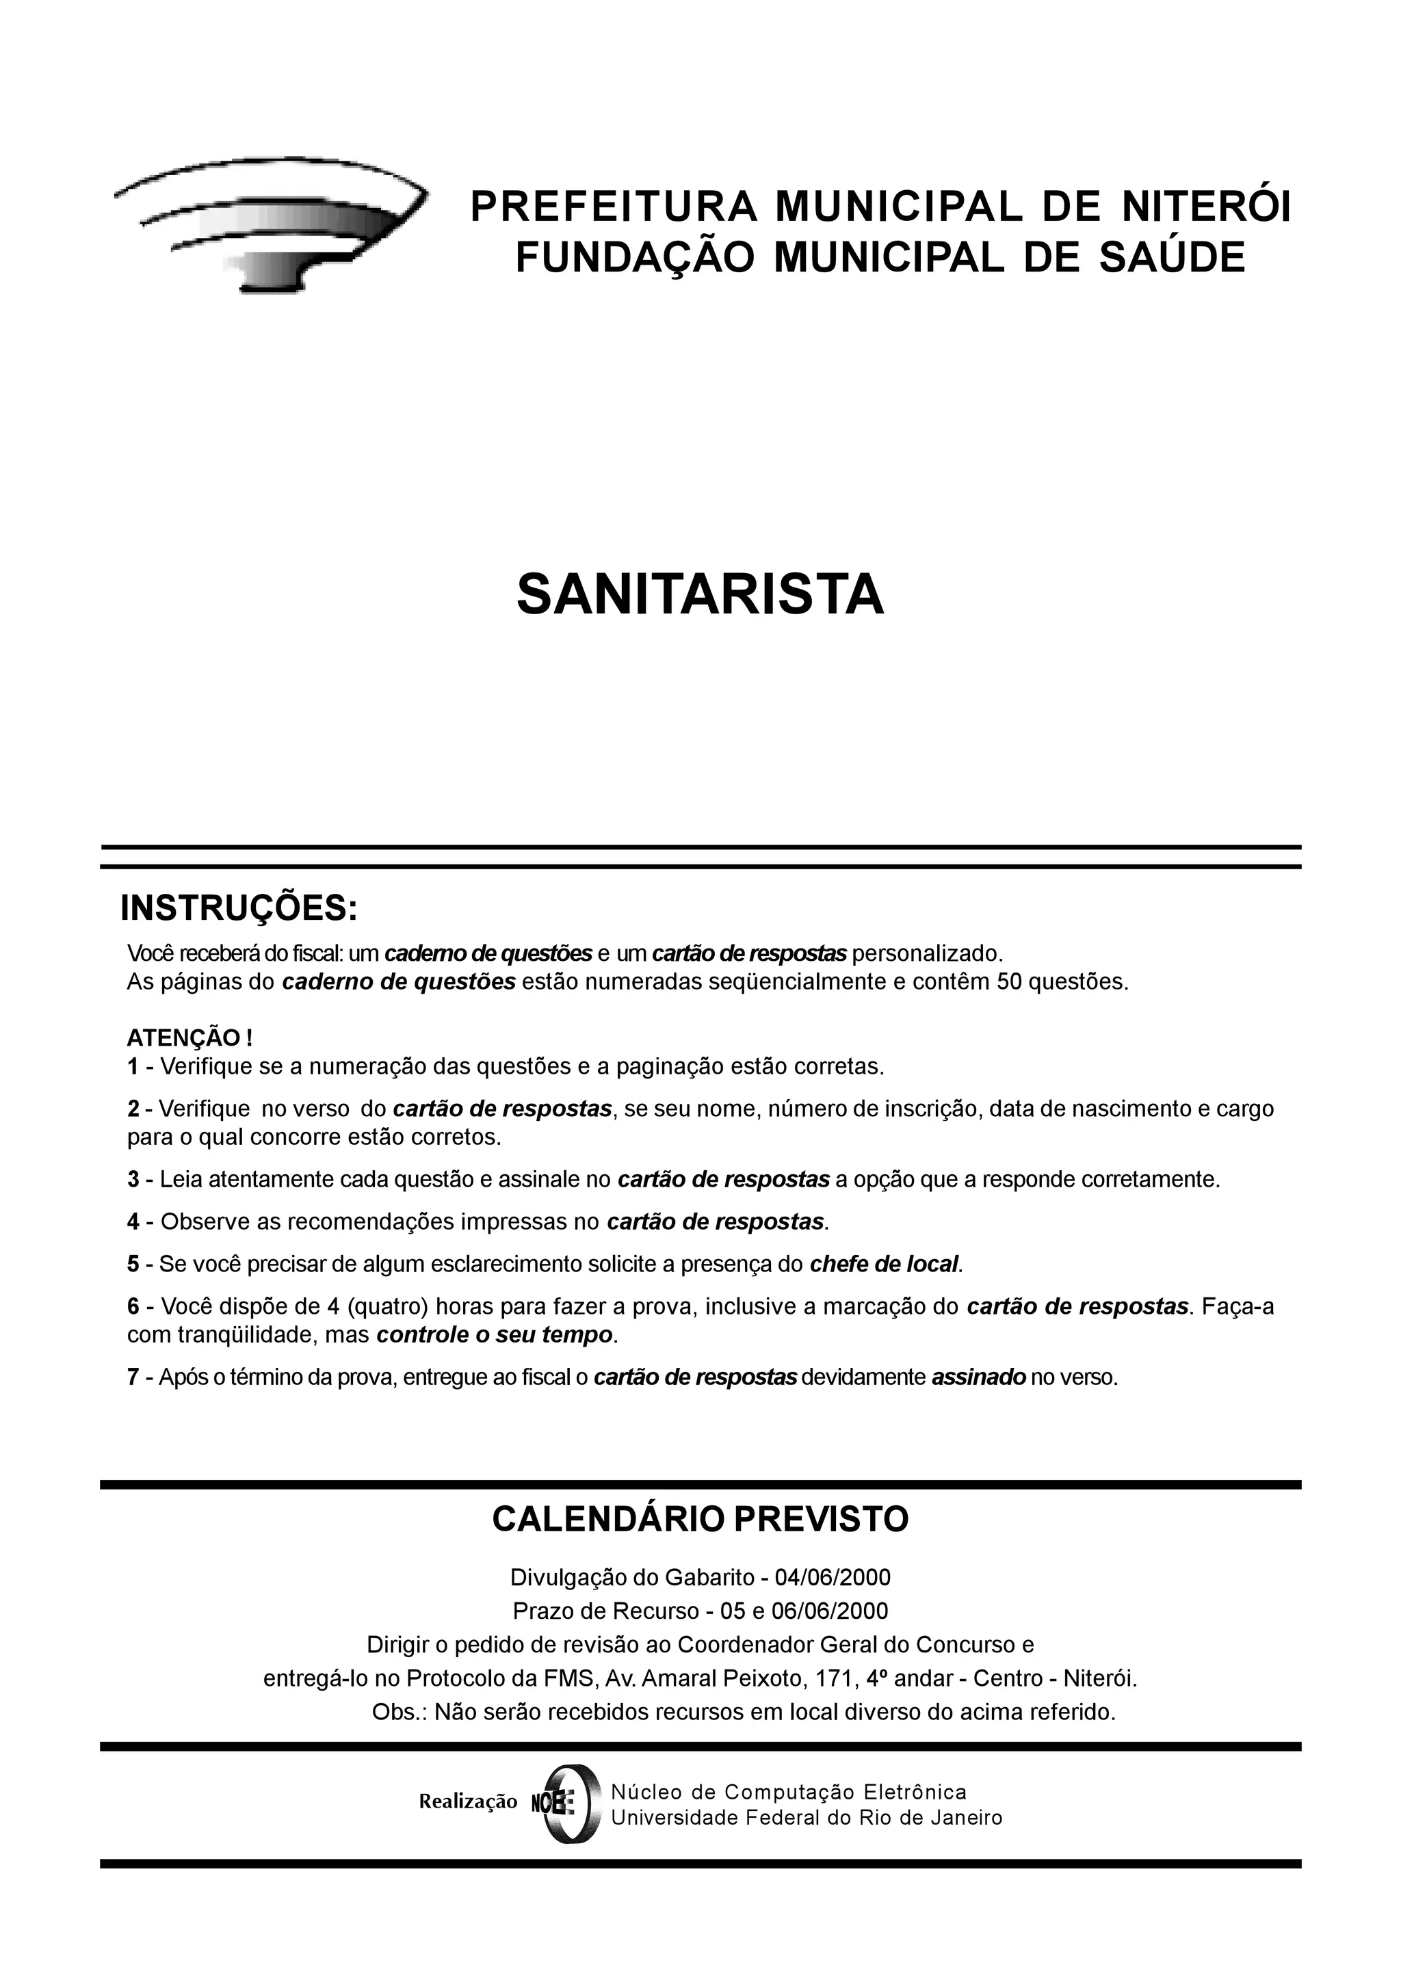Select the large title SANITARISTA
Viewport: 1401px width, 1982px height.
pos(700,595)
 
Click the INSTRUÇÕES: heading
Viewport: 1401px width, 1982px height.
pos(238,908)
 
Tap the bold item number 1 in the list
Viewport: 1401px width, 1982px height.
pos(133,1067)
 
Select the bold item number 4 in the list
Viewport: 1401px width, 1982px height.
pos(133,1222)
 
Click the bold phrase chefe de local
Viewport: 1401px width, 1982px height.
pos(884,1265)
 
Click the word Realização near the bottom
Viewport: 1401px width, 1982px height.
pos(468,1801)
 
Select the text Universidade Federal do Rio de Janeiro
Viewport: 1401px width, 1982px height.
pos(807,1818)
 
